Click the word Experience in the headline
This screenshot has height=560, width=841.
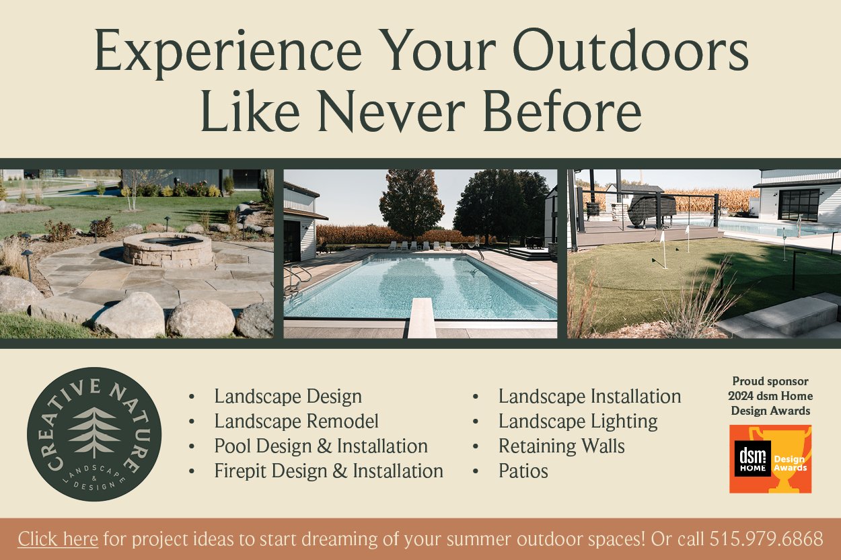tap(228, 50)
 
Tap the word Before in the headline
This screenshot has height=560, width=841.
tap(562, 112)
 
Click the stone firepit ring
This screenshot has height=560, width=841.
tap(168, 249)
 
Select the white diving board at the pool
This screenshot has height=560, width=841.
tap(422, 318)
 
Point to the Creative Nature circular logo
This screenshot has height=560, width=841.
tap(94, 434)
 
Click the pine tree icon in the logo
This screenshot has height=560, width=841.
tap(94, 432)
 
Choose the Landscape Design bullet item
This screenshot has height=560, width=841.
tap(288, 397)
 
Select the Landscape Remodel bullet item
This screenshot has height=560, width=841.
tap(296, 422)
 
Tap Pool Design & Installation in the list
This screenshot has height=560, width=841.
tap(321, 446)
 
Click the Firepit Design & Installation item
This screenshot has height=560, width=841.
tap(329, 471)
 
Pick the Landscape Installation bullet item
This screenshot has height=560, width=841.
tap(590, 397)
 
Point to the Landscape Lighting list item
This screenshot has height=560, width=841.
tap(578, 422)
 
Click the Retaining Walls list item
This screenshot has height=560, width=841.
tap(562, 446)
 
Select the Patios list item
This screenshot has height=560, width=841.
tap(523, 471)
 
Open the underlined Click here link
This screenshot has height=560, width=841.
tap(58, 539)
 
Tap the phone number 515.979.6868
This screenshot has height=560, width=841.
tap(766, 538)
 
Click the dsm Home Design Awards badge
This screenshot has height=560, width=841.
tap(770, 458)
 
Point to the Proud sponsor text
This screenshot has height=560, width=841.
tap(770, 381)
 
